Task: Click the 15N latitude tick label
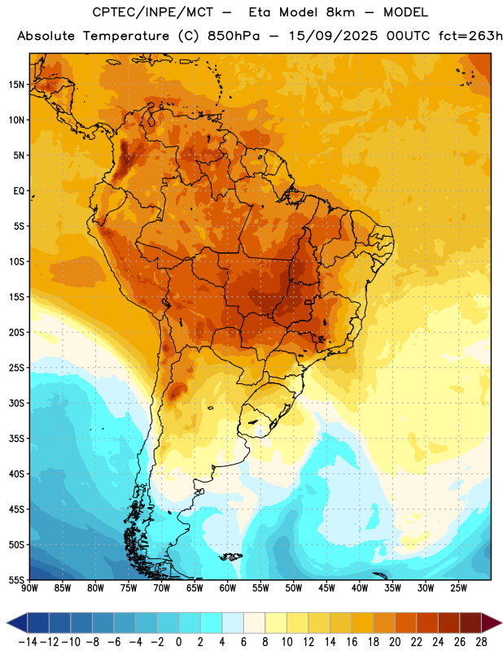tap(16, 85)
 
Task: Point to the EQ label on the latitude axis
tap(19, 191)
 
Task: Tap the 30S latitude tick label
tap(16, 403)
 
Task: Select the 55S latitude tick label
tap(16, 580)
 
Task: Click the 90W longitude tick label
tap(29, 588)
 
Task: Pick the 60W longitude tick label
tap(228, 588)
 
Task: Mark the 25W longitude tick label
tap(458, 588)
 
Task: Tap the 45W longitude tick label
tap(326, 588)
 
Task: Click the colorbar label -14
tap(28, 642)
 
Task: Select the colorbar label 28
tap(481, 642)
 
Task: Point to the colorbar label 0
tap(179, 642)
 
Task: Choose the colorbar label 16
tap(352, 642)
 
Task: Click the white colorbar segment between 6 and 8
tap(255, 623)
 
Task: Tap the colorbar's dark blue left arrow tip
tap(7, 623)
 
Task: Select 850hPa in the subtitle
tap(234, 36)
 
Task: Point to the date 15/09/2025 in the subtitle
tap(334, 36)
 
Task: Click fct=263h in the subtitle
tap(470, 36)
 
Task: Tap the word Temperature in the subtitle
tap(126, 36)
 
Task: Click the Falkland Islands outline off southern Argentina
tap(231, 557)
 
